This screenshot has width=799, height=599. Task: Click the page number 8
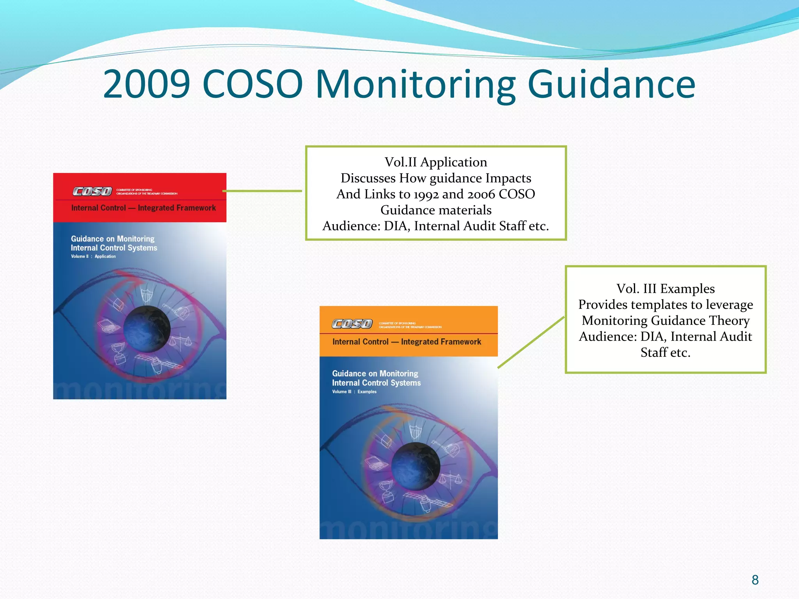[755, 580]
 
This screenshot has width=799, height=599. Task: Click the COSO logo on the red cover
[92, 191]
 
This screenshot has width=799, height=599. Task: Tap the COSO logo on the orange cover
[352, 324]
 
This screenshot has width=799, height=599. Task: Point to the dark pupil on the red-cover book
[147, 329]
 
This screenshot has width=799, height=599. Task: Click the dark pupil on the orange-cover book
[415, 466]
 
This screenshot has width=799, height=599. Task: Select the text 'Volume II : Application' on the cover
[93, 257]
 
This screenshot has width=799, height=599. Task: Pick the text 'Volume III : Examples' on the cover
[354, 392]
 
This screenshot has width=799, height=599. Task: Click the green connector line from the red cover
[262, 191]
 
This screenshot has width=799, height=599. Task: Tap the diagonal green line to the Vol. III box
[531, 342]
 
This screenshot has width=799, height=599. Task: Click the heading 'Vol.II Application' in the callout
[436, 162]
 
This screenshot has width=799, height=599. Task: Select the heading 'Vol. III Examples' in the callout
[666, 289]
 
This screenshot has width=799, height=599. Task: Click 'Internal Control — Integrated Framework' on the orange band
[407, 342]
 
